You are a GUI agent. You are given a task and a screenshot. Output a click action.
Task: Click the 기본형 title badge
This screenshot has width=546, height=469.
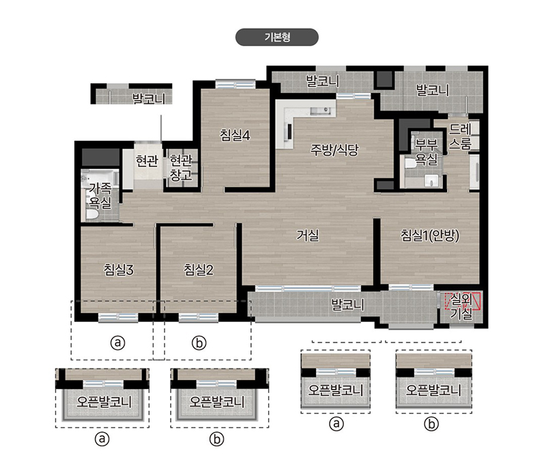pyautogui.click(x=277, y=37)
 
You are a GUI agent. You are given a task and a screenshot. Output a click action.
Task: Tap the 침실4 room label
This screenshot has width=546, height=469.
pyautogui.click(x=235, y=135)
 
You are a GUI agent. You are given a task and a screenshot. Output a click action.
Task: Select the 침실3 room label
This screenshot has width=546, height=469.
pyautogui.click(x=118, y=269)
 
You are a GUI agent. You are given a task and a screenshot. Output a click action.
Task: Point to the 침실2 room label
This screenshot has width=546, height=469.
pyautogui.click(x=199, y=269)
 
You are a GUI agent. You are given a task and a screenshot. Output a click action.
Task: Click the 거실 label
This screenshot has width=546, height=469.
pyautogui.click(x=307, y=235)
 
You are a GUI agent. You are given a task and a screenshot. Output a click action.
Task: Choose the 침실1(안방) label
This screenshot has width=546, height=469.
pyautogui.click(x=430, y=235)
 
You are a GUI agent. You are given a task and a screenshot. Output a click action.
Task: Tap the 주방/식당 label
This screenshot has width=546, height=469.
pyautogui.click(x=334, y=150)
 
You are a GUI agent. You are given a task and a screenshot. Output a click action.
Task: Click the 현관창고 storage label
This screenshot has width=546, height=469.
pyautogui.click(x=181, y=167)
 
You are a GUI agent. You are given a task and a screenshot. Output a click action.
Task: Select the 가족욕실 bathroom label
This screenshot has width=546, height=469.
pyautogui.click(x=100, y=196)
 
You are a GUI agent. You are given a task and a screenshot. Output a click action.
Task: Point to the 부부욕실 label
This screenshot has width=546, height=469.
pyautogui.click(x=426, y=152)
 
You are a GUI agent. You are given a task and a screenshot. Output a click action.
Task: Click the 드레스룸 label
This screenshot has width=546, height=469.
pyautogui.click(x=460, y=136)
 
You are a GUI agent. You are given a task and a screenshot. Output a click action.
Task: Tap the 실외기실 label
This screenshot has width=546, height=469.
pyautogui.click(x=461, y=306)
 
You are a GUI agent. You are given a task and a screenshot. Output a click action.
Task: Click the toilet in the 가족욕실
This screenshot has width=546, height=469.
pyautogui.click(x=93, y=214)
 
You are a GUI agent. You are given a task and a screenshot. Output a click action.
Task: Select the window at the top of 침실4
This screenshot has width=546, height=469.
pyautogui.click(x=235, y=84)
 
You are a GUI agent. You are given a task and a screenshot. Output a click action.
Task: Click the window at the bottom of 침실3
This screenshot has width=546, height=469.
pyautogui.click(x=118, y=317)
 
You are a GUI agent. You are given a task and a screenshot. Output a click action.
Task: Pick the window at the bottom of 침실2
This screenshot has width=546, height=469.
pyautogui.click(x=199, y=317)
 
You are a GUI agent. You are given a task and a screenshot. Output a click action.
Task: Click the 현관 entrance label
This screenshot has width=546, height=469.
pyautogui.click(x=147, y=161)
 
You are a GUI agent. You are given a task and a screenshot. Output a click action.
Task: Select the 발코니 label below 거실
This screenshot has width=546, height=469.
pyautogui.click(x=348, y=304)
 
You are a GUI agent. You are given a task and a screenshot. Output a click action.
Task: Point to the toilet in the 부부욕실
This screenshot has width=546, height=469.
pyautogui.click(x=410, y=163)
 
